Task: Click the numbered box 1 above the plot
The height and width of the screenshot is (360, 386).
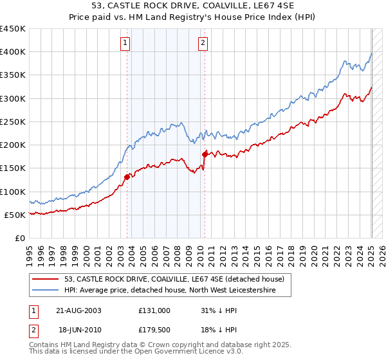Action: pos(125,44)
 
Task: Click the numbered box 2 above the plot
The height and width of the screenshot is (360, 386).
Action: pos(203,44)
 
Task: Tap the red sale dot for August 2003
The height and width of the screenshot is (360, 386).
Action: pos(127,177)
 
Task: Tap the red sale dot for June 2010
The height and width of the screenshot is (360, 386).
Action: pos(205,154)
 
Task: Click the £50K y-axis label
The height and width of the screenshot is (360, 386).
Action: pos(15,215)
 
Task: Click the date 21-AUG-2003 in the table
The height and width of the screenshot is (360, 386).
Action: pos(79,310)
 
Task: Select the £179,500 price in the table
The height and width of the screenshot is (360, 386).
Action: pos(154,329)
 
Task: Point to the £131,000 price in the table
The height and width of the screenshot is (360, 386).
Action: pos(154,310)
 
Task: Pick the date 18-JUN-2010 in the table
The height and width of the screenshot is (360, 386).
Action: pos(79,329)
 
